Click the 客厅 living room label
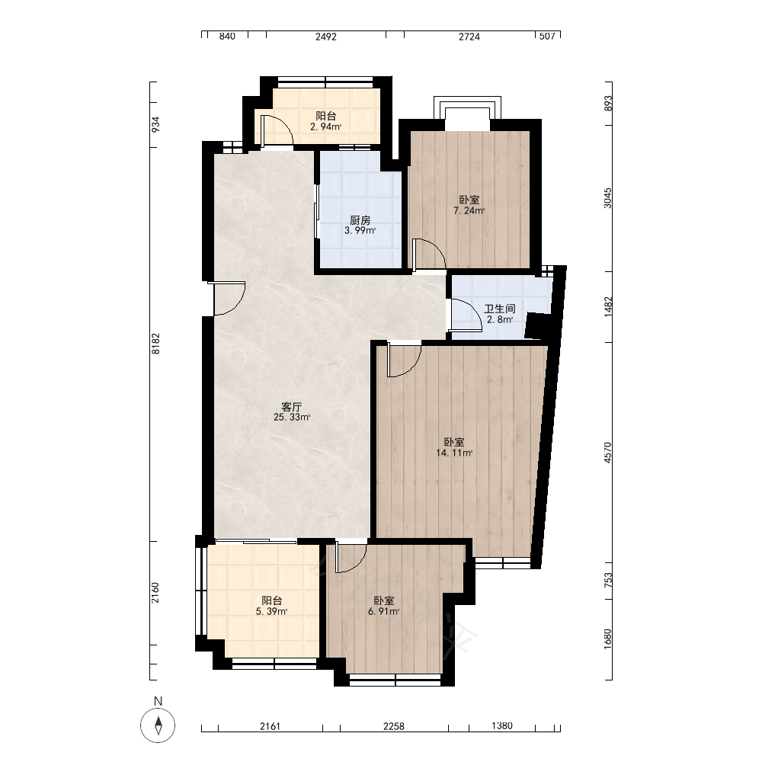[x=292, y=406]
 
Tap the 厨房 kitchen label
[x=360, y=220]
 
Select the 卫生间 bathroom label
[x=500, y=309]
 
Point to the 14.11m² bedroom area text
[x=454, y=453]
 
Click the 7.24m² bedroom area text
[x=469, y=210]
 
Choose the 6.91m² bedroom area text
[x=383, y=611]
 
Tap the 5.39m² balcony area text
[x=271, y=611]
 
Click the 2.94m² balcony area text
[x=325, y=126]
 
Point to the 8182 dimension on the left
[x=155, y=343]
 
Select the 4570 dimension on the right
[x=608, y=452]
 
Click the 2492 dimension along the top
[x=325, y=37]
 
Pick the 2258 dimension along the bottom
[x=394, y=726]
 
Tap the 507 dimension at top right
[x=547, y=36]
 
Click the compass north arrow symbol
[x=158, y=725]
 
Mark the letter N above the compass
[x=158, y=701]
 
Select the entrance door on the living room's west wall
[x=226, y=299]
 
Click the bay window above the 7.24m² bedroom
[x=467, y=107]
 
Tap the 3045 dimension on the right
[x=608, y=198]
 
